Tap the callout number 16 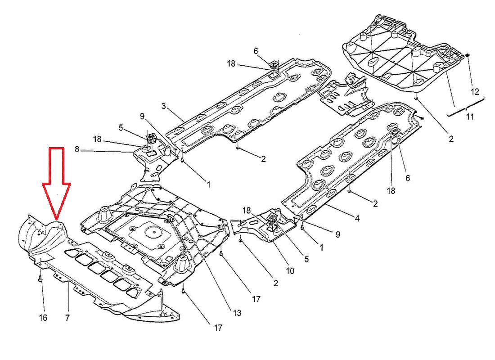click(43, 318)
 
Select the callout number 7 click(67, 318)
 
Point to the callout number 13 click(237, 313)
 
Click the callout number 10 click(289, 271)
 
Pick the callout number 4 click(357, 219)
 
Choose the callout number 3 click(164, 106)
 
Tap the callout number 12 click(475, 92)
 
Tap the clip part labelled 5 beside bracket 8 click(150, 137)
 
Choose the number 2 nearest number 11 click(451, 139)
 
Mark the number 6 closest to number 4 click(408, 178)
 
